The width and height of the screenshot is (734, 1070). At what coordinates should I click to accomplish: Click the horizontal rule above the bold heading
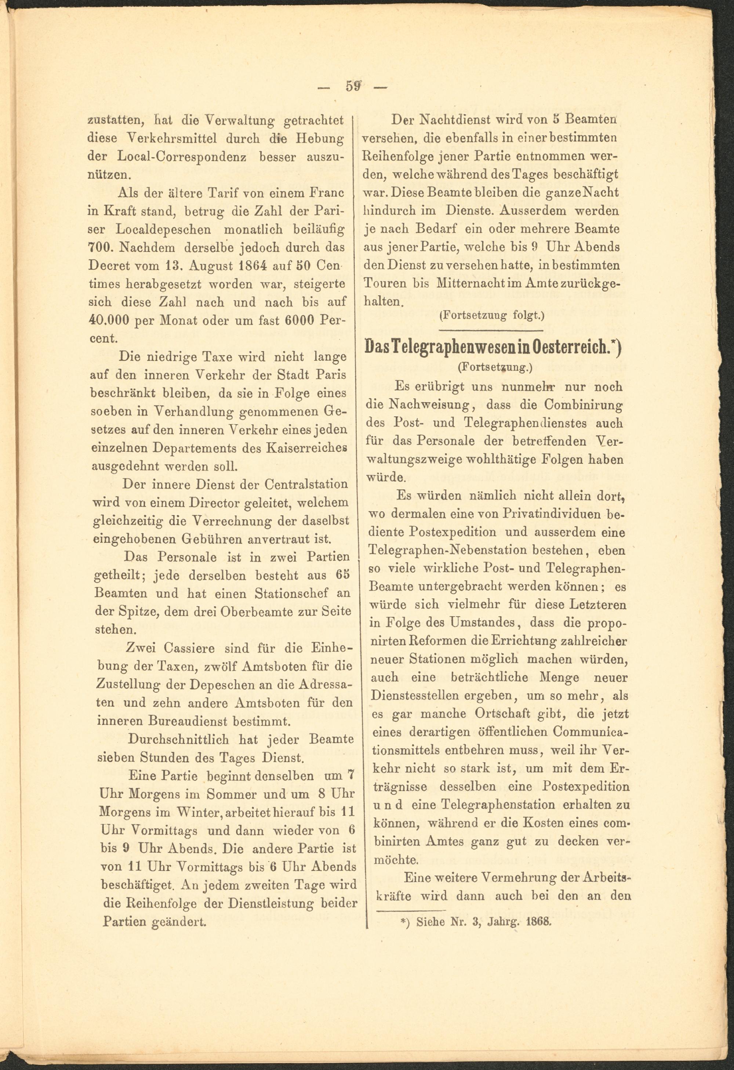tap(491, 330)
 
